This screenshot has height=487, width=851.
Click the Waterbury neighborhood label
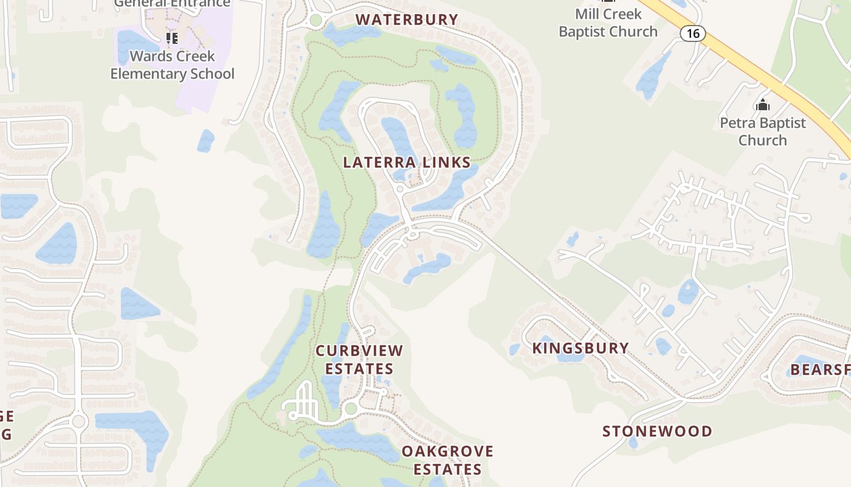click(x=407, y=19)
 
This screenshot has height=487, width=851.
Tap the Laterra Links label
click(x=407, y=163)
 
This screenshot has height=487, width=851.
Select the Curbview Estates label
click(x=359, y=360)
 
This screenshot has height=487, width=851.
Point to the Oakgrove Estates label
click(x=447, y=460)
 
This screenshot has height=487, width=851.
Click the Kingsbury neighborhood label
click(x=581, y=348)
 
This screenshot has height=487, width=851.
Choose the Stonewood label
click(x=657, y=432)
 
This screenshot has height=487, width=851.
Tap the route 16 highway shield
click(x=692, y=33)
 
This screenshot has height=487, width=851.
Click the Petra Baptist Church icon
click(x=762, y=105)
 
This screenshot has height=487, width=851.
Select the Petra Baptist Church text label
click(x=762, y=131)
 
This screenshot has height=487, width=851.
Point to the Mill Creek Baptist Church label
click(x=608, y=23)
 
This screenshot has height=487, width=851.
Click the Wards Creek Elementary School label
click(x=173, y=65)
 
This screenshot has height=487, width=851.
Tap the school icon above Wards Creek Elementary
click(x=172, y=38)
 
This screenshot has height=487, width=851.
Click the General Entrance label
click(x=173, y=3)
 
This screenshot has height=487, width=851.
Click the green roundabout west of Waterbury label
click(x=315, y=21)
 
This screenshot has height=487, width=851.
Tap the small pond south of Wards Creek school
click(x=205, y=141)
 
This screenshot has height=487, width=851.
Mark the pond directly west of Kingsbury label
click(x=515, y=349)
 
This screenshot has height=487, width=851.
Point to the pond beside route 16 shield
click(x=653, y=76)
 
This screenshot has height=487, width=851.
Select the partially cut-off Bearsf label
click(x=820, y=370)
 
